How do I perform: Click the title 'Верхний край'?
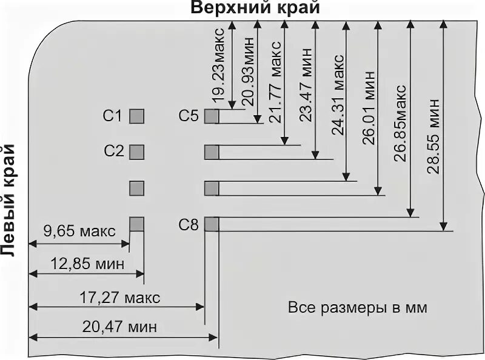pyautogui.click(x=255, y=9)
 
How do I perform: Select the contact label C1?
pyautogui.click(x=113, y=115)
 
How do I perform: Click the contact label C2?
pyautogui.click(x=113, y=151)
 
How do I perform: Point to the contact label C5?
pyautogui.click(x=189, y=115)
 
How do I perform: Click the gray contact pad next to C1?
pyautogui.click(x=137, y=115)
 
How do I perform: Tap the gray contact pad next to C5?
pyautogui.click(x=211, y=115)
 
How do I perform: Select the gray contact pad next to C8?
pyautogui.click(x=211, y=224)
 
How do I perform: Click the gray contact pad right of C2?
pyautogui.click(x=137, y=151)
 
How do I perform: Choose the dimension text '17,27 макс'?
pyautogui.click(x=120, y=298)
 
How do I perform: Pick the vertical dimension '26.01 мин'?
pyautogui.click(x=369, y=108)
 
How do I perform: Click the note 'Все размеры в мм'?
pyautogui.click(x=357, y=308)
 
